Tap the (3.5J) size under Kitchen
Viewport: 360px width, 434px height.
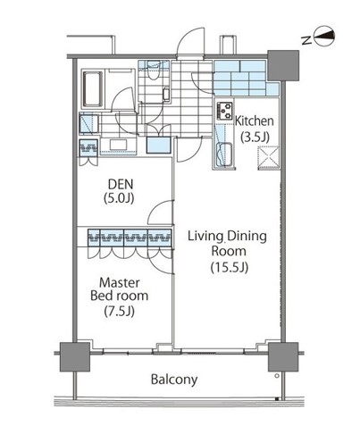pos(254,137)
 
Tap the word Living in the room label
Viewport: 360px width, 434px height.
pos(205,236)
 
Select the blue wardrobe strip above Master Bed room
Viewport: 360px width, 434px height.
pos(129,238)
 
